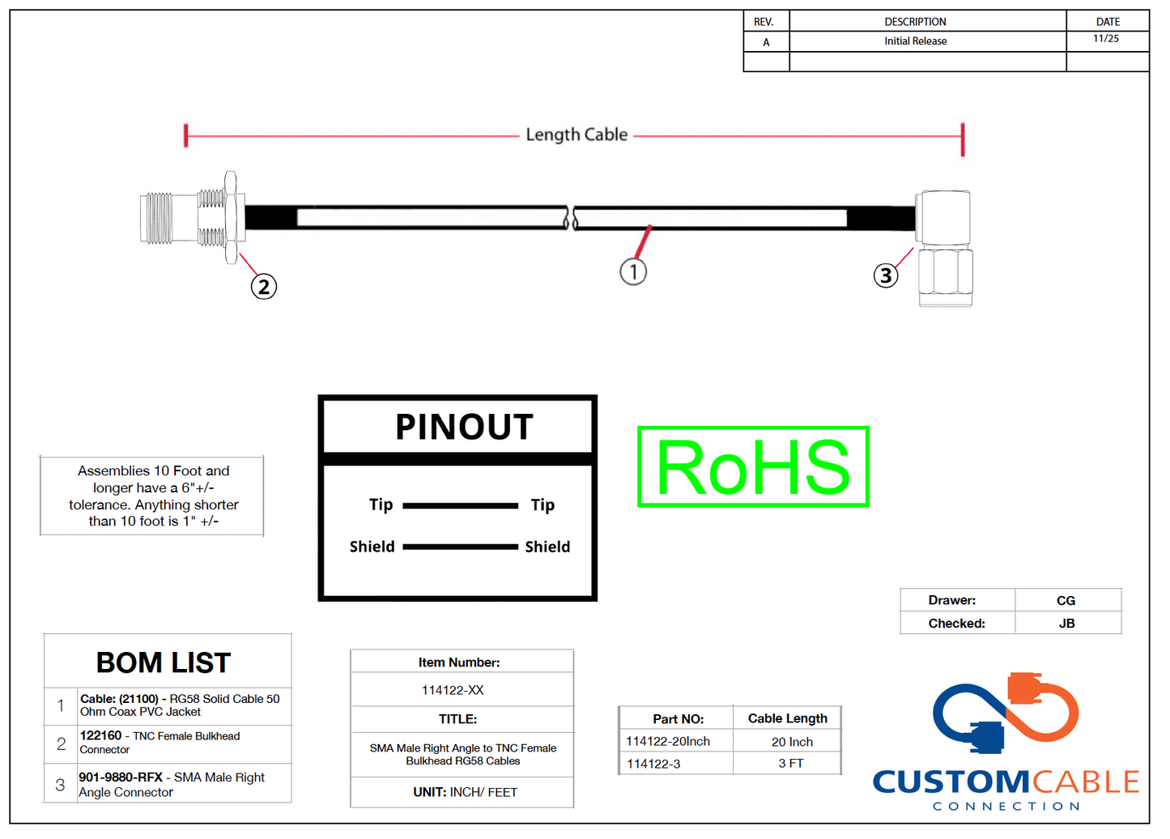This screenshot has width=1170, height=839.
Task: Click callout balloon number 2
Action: [264, 287]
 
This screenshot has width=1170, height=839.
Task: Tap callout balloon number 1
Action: [633, 272]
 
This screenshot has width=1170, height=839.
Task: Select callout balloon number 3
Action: [886, 276]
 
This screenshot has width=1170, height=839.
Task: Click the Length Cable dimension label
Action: [576, 135]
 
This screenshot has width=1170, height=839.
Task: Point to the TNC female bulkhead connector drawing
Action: [193, 218]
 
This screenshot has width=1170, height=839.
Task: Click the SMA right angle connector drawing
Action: [944, 248]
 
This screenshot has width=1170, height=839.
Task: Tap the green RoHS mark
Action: [753, 467]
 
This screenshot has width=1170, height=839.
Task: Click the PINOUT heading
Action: [464, 427]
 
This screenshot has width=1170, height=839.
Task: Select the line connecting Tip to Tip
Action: [460, 506]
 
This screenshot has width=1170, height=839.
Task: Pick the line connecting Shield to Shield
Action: [460, 547]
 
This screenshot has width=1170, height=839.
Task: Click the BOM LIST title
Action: [164, 663]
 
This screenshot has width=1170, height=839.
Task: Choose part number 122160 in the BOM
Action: [100, 736]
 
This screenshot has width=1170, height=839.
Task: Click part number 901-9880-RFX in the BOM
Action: [121, 777]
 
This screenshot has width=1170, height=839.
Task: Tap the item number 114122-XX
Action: [453, 691]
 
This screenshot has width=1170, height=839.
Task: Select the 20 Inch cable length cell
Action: [792, 742]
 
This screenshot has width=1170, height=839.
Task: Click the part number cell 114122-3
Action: [653, 764]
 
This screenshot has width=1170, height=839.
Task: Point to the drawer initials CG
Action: [1066, 601]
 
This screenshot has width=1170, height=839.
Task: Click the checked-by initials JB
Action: [1066, 624]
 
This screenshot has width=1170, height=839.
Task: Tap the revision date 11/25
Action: [1106, 39]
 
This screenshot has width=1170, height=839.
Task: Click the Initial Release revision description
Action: [915, 41]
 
